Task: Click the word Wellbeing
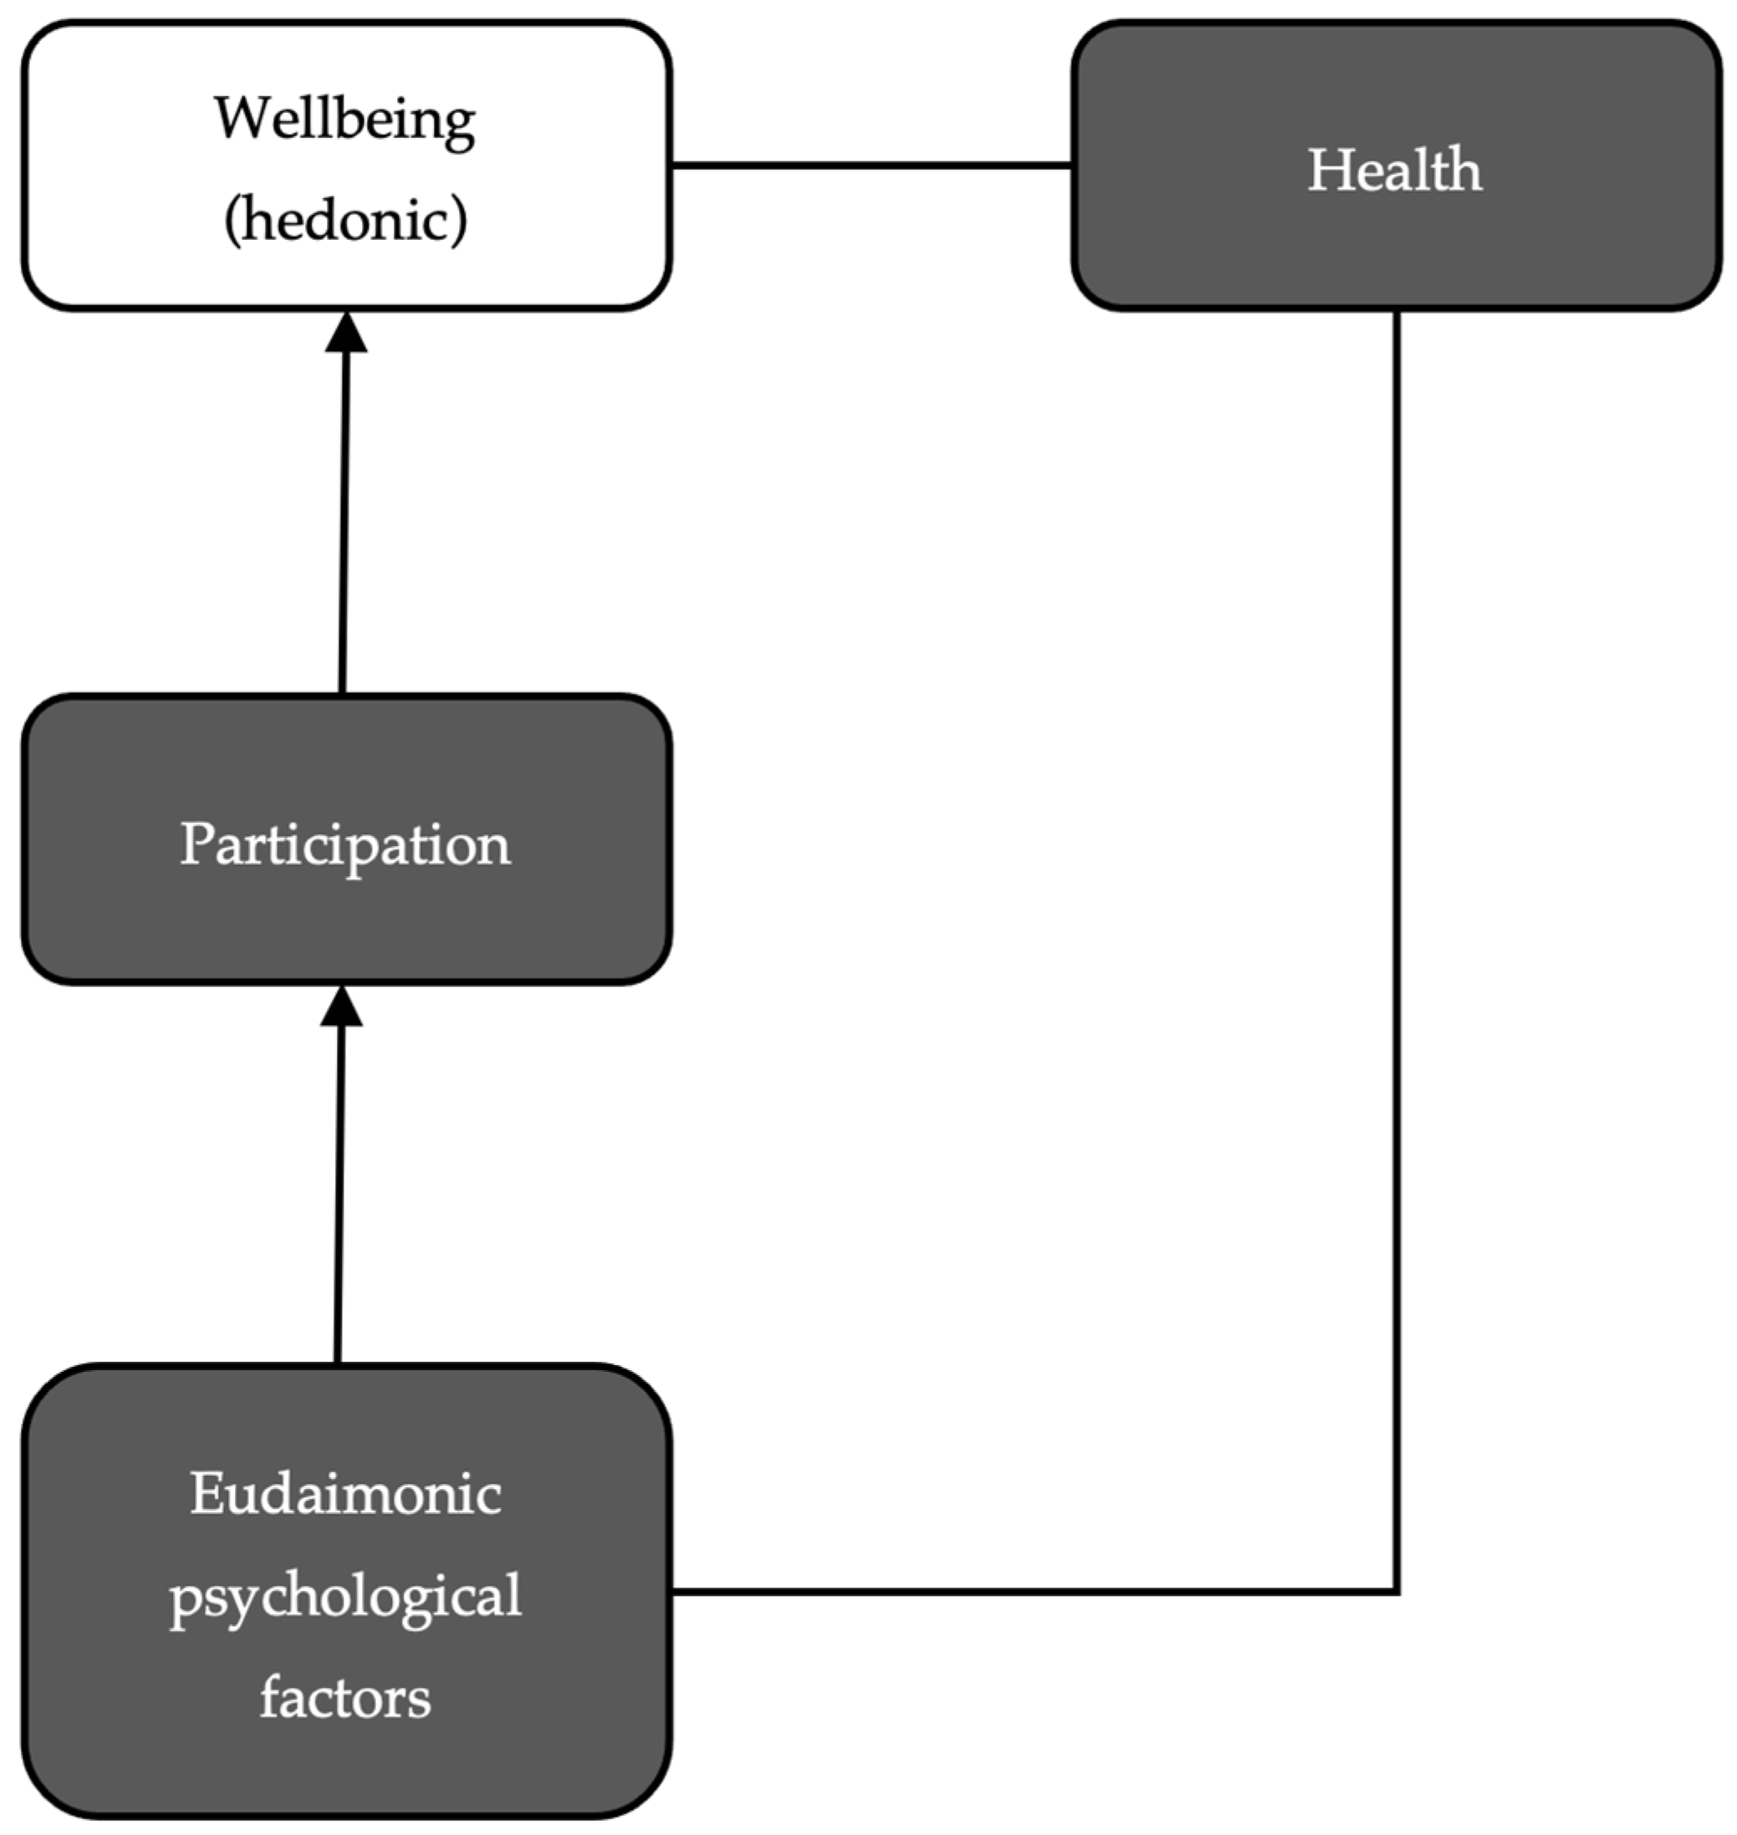(344, 120)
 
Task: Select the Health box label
(1393, 171)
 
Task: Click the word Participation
(344, 844)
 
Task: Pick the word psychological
(345, 1597)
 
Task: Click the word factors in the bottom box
(345, 1698)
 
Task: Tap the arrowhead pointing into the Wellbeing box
(346, 334)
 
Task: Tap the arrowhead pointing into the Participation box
(342, 1007)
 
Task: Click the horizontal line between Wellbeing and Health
(870, 166)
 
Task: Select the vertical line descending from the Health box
(1395, 925)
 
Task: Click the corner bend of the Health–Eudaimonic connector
(1395, 1592)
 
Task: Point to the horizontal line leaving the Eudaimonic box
(1018, 1592)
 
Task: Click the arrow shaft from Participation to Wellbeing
(344, 528)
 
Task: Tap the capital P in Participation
(196, 844)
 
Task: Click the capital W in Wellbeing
(242, 119)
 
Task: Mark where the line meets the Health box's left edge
(1072, 166)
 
